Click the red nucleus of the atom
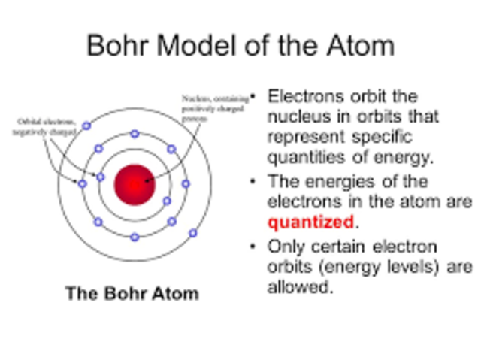pyautogui.click(x=134, y=184)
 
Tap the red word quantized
pyautogui.click(x=310, y=222)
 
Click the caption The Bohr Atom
pyautogui.click(x=132, y=293)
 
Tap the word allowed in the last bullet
pyautogui.click(x=298, y=287)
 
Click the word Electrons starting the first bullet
pyautogui.click(x=301, y=98)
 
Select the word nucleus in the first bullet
pyautogui.click(x=296, y=118)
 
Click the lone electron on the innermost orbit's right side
pyautogui.click(x=167, y=201)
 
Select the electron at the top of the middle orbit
pyautogui.click(x=135, y=134)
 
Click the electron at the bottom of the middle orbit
pyautogui.click(x=135, y=237)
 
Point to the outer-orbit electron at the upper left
pyautogui.click(x=86, y=126)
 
